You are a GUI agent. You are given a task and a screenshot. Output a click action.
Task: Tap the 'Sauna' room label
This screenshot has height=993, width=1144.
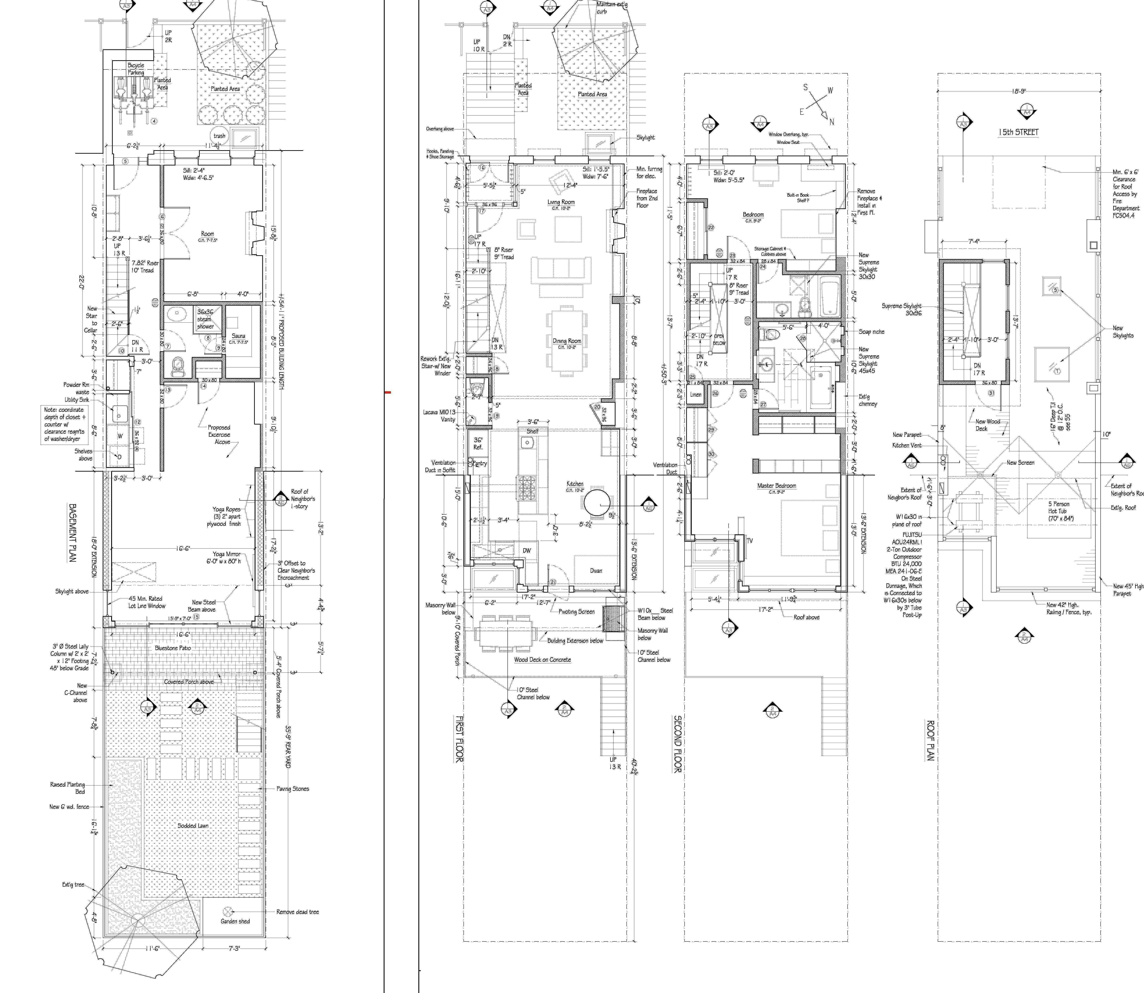(238, 336)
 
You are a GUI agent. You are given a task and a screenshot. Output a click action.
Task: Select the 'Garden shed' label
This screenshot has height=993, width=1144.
(235, 921)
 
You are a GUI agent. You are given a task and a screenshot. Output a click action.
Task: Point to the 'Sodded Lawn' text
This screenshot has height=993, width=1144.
(193, 825)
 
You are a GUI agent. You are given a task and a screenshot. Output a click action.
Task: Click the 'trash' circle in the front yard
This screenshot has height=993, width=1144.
(220, 136)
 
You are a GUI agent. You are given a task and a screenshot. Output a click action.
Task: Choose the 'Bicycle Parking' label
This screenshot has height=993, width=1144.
(136, 69)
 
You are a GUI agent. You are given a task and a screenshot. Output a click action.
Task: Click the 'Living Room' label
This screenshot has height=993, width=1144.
(561, 202)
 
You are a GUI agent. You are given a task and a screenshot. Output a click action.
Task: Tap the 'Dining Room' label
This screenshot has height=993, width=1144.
(567, 341)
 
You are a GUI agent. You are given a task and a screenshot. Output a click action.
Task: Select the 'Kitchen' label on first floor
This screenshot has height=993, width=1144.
(575, 484)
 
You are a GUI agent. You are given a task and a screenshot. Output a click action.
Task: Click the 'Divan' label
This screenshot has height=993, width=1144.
(596, 570)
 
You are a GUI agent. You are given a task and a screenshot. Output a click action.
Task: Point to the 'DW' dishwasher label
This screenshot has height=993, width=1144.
(527, 550)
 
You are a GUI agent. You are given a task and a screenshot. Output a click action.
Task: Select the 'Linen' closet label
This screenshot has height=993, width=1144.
(696, 394)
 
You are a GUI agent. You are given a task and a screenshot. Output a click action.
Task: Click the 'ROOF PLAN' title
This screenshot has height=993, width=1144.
(931, 740)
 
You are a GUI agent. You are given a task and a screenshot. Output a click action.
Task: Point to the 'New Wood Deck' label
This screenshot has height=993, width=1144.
(988, 425)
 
